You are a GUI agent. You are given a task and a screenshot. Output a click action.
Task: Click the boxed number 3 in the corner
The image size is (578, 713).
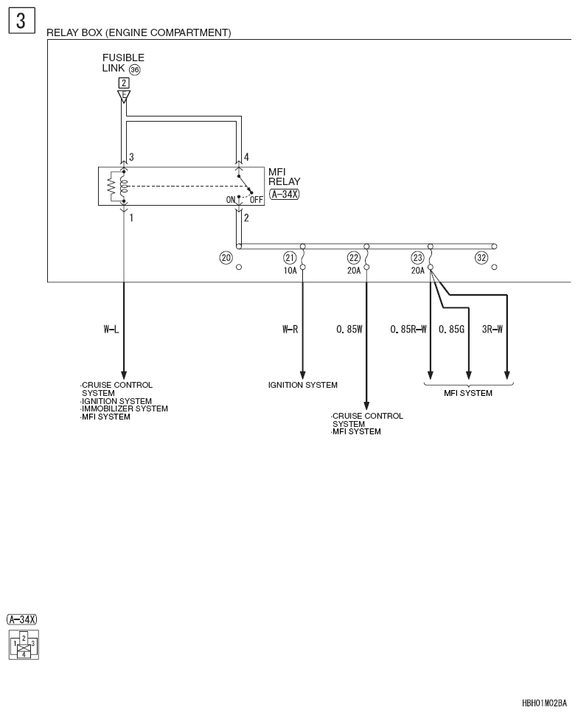pyautogui.click(x=21, y=21)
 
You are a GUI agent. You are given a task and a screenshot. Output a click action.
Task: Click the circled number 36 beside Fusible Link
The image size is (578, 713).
pyautogui.click(x=135, y=69)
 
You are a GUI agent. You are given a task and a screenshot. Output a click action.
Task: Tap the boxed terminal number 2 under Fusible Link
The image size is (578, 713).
pyautogui.click(x=124, y=83)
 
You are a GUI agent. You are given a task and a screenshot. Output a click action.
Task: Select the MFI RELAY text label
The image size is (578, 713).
pyautogui.click(x=284, y=176)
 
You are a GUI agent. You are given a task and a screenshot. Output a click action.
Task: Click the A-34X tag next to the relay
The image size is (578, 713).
pyautogui.click(x=285, y=194)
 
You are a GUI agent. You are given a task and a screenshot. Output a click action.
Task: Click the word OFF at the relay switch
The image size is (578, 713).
pyautogui.click(x=257, y=200)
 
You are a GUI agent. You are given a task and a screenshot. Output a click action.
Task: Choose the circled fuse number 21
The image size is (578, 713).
pyautogui.click(x=290, y=258)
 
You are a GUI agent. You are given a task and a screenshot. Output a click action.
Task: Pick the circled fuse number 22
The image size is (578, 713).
pyautogui.click(x=354, y=258)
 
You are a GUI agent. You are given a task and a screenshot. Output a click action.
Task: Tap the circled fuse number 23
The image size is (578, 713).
pyautogui.click(x=417, y=258)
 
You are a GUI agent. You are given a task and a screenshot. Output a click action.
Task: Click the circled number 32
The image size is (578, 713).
pyautogui.click(x=481, y=258)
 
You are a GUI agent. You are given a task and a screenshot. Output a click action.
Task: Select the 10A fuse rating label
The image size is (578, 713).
pyautogui.click(x=290, y=271)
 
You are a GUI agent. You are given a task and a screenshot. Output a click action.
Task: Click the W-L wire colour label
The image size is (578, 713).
pyautogui.click(x=111, y=329)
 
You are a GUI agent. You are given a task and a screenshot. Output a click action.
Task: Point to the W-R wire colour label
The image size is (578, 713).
pyautogui.click(x=290, y=329)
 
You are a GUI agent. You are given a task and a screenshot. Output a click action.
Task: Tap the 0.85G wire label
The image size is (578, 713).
pyautogui.click(x=451, y=329)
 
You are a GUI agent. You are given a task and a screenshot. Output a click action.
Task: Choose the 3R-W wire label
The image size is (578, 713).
pyautogui.click(x=492, y=329)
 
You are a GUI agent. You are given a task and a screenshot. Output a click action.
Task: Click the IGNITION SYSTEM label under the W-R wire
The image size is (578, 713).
pyautogui.click(x=303, y=385)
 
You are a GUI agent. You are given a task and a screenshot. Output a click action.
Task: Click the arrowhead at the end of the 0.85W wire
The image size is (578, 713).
pyautogui.click(x=366, y=406)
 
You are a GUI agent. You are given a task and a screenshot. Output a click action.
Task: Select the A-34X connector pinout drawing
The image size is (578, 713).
pyautogui.click(x=24, y=644)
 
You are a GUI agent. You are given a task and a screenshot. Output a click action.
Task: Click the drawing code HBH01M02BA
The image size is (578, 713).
pyautogui.click(x=544, y=703)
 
